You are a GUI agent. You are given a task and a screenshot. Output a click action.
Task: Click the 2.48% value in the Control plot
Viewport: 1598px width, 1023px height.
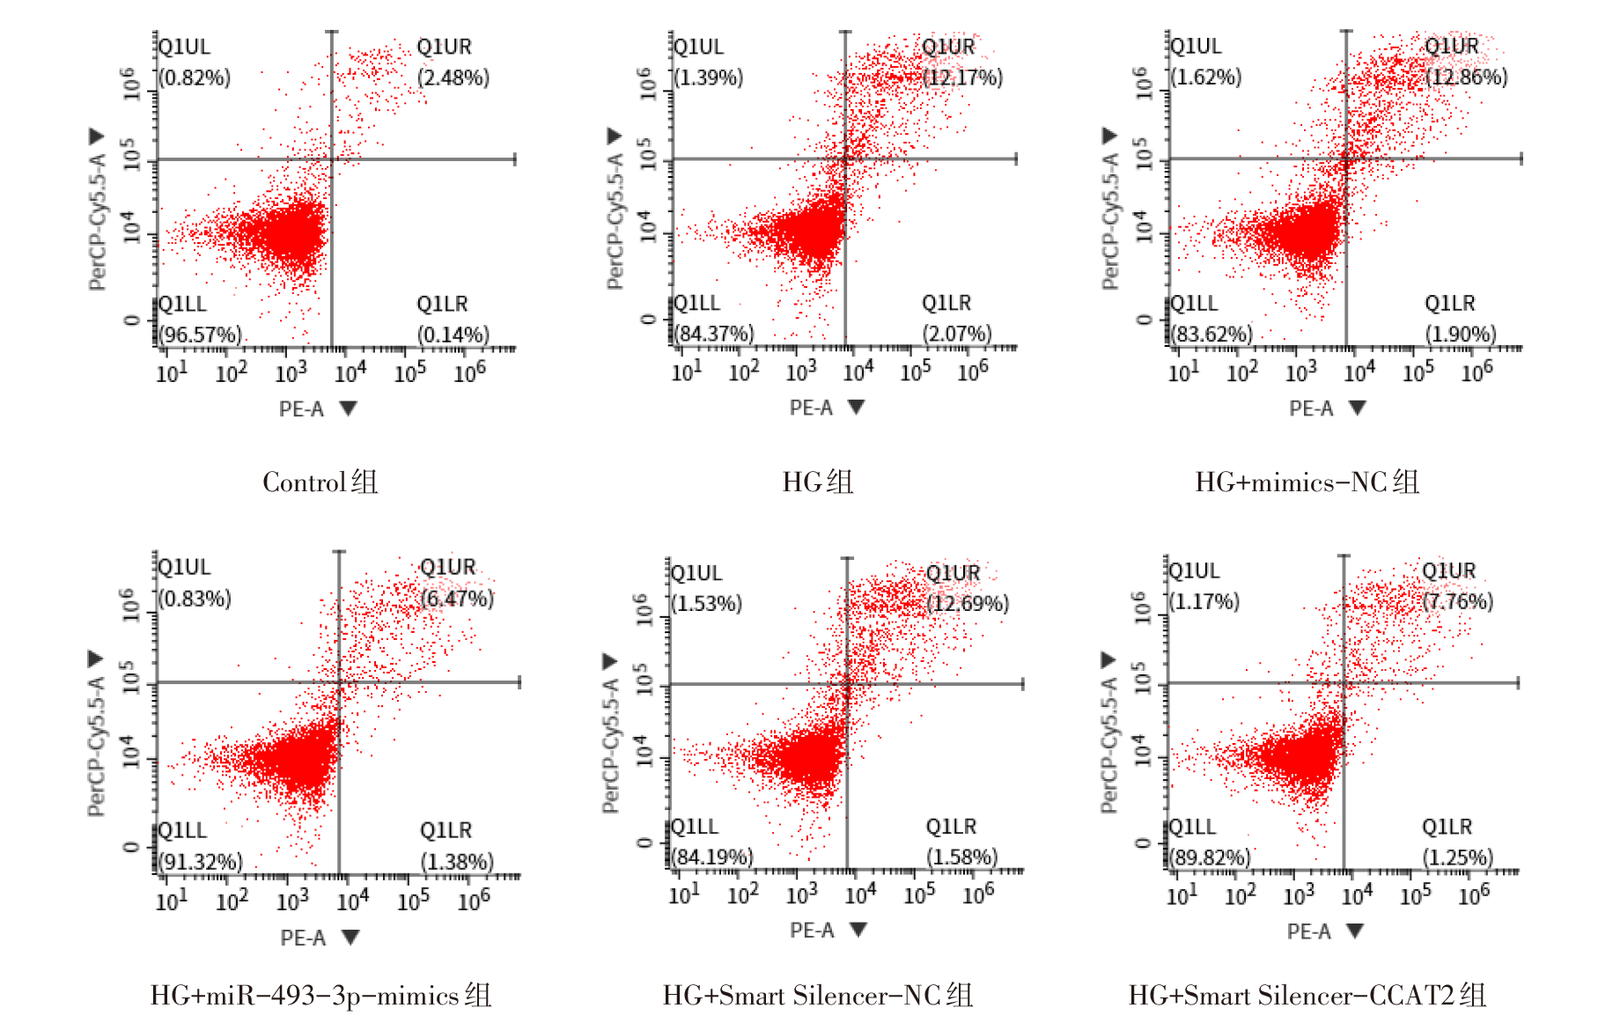pyautogui.click(x=453, y=77)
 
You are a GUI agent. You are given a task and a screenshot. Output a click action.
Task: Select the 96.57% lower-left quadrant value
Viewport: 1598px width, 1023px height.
pyautogui.click(x=201, y=335)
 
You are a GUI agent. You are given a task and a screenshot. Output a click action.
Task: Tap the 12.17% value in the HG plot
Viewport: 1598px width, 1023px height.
pyautogui.click(x=962, y=77)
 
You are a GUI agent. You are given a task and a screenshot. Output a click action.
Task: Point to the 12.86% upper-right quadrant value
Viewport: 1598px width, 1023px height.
pyautogui.click(x=1467, y=77)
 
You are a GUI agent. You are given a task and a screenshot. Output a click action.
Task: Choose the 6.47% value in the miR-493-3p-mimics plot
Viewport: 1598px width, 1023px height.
pyautogui.click(x=457, y=599)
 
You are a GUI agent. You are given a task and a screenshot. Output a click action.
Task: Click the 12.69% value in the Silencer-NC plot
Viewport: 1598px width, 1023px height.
pyautogui.click(x=968, y=604)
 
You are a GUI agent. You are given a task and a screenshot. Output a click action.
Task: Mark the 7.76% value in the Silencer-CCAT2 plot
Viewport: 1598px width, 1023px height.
pyautogui.click(x=1458, y=601)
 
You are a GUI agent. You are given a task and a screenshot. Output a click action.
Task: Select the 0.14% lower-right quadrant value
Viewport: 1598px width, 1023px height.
pyautogui.click(x=453, y=335)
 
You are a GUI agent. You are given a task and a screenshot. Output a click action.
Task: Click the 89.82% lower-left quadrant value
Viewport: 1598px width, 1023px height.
pyautogui.click(x=1210, y=857)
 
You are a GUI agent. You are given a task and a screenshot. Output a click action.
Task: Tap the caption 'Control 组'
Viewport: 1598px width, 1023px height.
pyautogui.click(x=320, y=482)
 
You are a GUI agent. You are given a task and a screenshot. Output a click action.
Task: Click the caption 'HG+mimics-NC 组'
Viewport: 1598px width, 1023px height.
pyautogui.click(x=1307, y=482)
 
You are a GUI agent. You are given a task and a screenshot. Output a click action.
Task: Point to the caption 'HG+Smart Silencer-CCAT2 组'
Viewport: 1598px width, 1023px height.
pyautogui.click(x=1307, y=995)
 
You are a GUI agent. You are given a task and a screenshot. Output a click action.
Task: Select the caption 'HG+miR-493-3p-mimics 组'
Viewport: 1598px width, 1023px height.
pyautogui.click(x=320, y=995)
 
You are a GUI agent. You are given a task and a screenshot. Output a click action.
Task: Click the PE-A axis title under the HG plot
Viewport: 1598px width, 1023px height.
pyautogui.click(x=811, y=408)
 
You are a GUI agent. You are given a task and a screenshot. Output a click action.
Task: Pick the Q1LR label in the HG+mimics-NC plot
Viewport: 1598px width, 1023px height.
pyautogui.click(x=1449, y=304)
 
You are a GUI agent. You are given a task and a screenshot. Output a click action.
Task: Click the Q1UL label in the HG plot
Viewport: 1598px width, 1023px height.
pyautogui.click(x=699, y=47)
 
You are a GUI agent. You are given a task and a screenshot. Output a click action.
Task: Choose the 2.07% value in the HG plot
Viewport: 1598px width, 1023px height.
pyautogui.click(x=957, y=335)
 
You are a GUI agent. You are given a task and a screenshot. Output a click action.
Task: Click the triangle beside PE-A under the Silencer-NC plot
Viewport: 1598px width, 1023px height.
pyautogui.click(x=858, y=930)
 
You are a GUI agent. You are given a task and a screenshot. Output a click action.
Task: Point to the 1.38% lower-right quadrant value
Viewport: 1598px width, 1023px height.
pyautogui.click(x=457, y=861)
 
